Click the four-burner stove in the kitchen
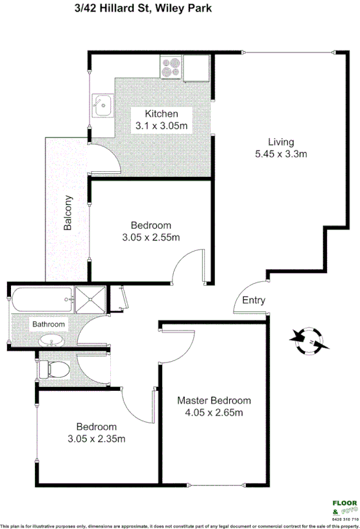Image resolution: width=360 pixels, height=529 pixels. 172,67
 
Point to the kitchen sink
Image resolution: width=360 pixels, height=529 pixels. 102,106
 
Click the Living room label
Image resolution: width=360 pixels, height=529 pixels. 281,142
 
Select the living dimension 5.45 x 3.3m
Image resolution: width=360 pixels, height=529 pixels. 281,154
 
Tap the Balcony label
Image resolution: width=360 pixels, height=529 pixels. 67,215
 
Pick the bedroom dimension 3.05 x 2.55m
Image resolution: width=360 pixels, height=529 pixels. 150,237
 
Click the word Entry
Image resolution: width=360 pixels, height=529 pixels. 254,300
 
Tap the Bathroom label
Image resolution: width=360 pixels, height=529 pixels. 49,324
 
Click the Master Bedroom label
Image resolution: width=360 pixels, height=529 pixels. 214,401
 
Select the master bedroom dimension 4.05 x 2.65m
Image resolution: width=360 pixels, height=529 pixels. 214,413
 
